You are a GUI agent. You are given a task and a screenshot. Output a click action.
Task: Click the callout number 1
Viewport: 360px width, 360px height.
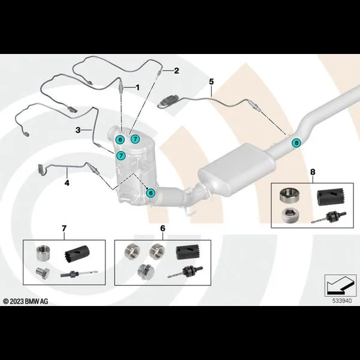pos(137,88)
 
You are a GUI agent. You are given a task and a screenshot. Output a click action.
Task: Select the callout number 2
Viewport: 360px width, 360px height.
pos(176,71)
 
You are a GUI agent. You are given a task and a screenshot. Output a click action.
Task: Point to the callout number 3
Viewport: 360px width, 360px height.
pos(78,130)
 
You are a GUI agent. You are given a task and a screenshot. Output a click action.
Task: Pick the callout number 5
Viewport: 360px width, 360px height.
pos(211,81)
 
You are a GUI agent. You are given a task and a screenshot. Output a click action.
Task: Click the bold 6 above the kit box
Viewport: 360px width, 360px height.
pos(162,228)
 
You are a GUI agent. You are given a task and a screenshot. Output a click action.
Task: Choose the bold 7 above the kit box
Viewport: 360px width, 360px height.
pos(64,228)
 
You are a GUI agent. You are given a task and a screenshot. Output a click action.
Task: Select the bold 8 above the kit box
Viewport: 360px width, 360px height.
pos(312,173)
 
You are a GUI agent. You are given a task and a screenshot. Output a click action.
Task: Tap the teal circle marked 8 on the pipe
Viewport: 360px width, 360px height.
pos(295,142)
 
